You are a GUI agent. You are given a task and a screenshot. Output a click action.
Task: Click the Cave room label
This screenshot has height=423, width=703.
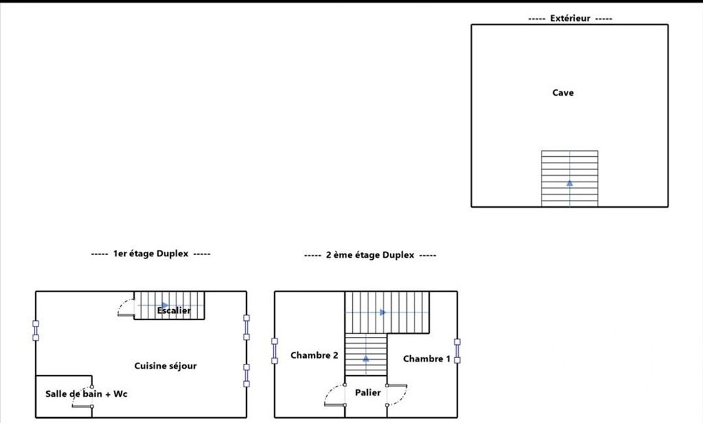(x=562, y=93)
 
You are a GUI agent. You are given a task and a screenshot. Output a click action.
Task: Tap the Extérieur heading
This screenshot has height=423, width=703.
(x=570, y=18)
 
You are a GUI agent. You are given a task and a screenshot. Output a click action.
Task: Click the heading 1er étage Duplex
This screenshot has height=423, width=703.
(x=150, y=254)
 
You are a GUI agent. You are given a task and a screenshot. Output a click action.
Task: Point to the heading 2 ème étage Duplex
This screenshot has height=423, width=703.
(x=370, y=255)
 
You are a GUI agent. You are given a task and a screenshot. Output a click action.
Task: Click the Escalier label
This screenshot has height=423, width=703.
(x=174, y=310)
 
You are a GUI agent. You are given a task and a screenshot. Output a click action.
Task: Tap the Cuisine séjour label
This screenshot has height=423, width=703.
(x=165, y=366)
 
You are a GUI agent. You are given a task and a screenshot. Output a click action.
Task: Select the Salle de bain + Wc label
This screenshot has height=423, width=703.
(x=86, y=394)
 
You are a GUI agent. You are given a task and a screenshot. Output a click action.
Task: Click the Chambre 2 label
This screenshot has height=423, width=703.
(x=314, y=355)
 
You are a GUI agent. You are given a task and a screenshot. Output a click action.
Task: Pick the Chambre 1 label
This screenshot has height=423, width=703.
(x=426, y=359)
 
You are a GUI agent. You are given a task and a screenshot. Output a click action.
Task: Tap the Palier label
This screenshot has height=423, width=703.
(x=368, y=392)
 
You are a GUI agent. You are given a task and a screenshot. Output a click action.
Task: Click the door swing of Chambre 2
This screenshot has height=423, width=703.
(x=335, y=395)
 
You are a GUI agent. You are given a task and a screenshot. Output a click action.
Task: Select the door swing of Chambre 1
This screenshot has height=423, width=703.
(x=397, y=395)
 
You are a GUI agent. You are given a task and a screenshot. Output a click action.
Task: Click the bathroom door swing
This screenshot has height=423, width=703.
(x=83, y=396)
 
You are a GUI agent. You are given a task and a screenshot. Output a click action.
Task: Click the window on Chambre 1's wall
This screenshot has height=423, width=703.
(x=458, y=351)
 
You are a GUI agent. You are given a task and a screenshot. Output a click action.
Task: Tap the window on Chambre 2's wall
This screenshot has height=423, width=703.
(x=275, y=351)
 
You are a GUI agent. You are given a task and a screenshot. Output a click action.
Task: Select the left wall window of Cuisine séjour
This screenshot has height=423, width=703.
(x=35, y=331)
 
